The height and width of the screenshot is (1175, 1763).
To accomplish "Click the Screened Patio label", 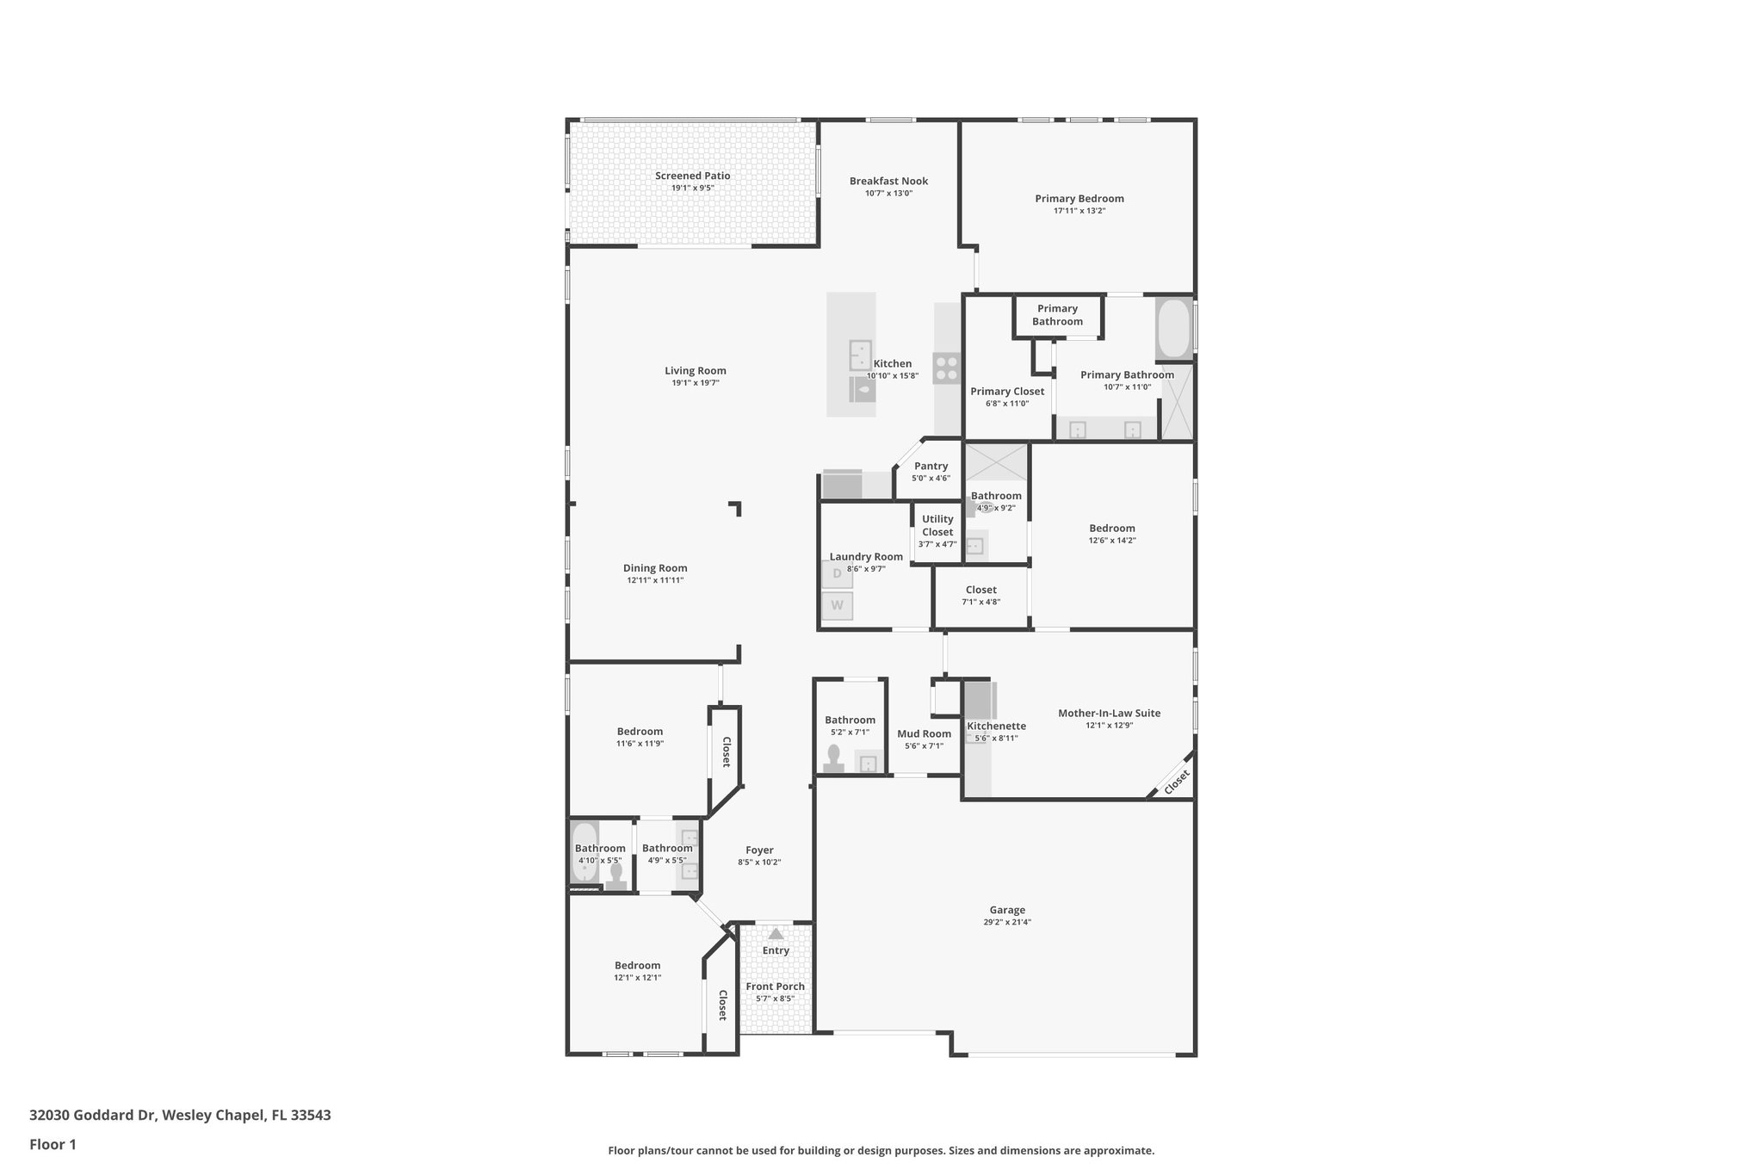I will point(692,176).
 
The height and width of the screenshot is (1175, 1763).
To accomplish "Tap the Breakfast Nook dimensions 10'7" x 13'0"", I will point(888,194).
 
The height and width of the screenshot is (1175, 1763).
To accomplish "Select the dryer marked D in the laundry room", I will point(837,573).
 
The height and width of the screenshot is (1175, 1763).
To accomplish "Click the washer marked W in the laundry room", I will point(837,606).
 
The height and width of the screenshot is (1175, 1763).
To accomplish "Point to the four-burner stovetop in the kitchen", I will point(946,368).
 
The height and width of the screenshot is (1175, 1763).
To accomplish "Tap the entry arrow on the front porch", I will point(776,934).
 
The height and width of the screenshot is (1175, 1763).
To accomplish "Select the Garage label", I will point(1007,910).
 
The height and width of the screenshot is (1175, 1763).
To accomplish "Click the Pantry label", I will point(931,466).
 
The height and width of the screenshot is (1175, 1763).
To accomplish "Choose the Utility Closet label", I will point(937,525).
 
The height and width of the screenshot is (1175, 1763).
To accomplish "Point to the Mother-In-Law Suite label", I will point(1109,713).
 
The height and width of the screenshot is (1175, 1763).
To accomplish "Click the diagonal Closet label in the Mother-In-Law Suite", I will point(1176,782).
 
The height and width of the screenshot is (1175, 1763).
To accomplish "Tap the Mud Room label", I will point(924,734).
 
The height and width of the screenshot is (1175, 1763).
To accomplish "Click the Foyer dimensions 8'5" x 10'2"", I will point(759,863).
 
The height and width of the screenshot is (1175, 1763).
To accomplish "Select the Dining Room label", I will point(655,568).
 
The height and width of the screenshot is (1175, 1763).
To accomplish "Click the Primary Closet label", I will point(1007,391).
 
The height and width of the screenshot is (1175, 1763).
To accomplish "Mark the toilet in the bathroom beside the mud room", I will point(833,757).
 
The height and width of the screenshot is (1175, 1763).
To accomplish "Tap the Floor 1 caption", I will point(53,1145).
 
